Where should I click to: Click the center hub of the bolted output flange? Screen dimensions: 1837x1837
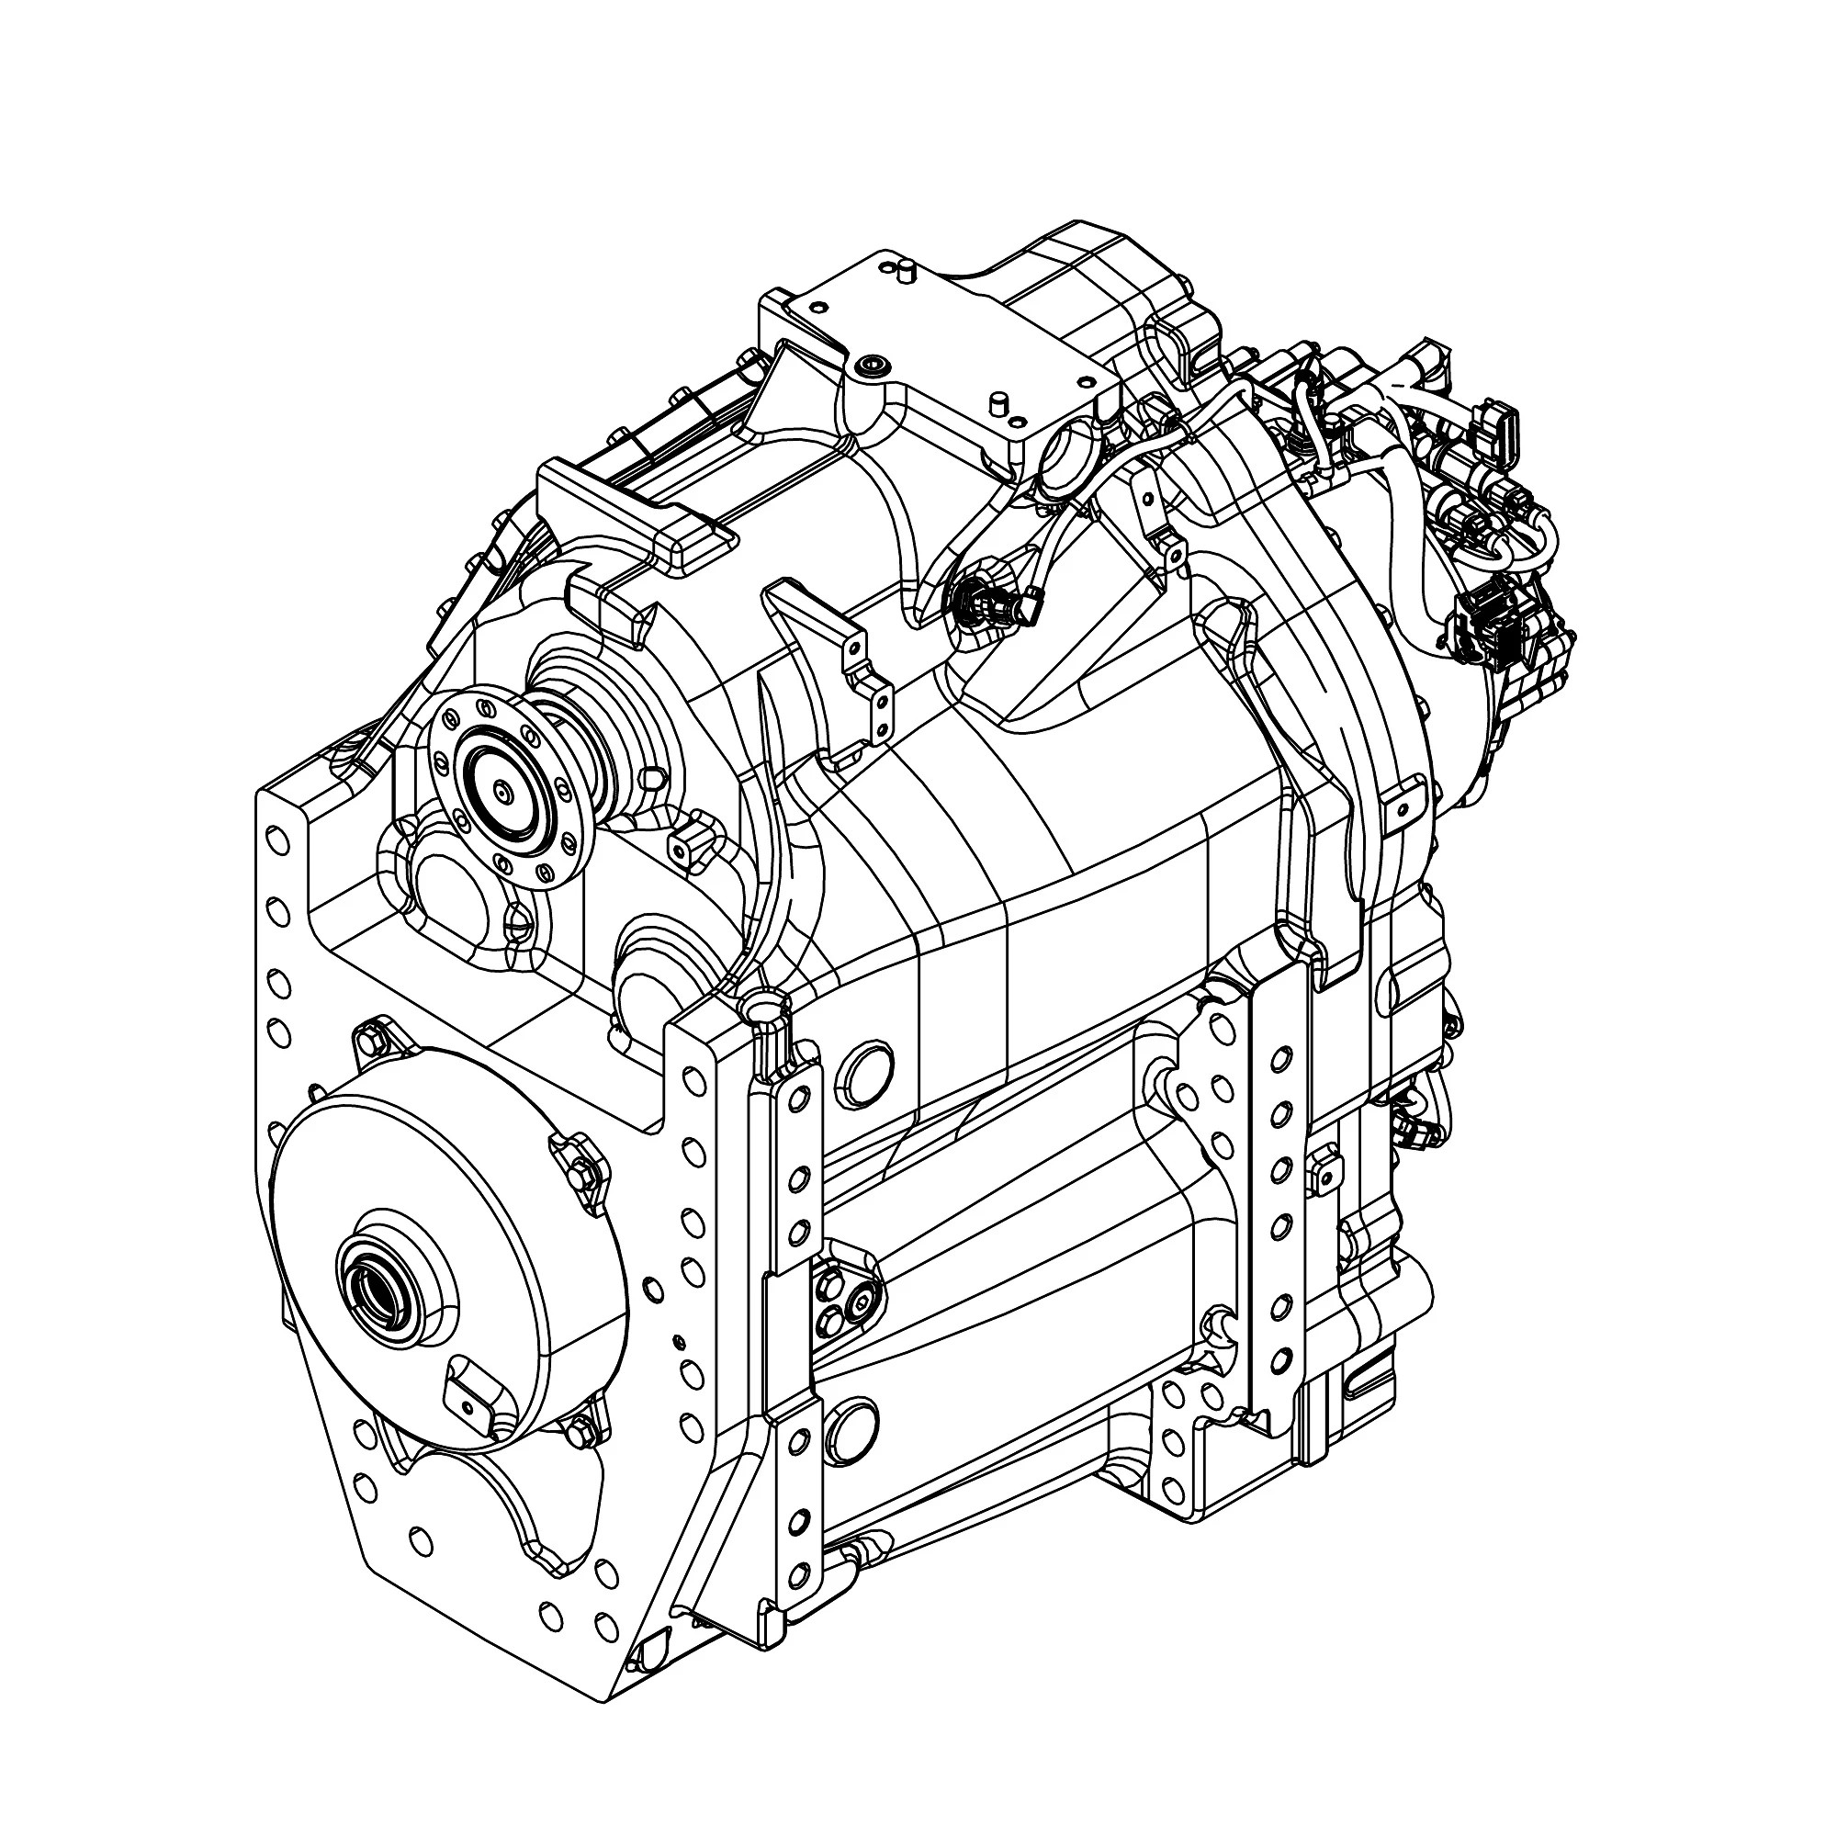pyautogui.click(x=502, y=788)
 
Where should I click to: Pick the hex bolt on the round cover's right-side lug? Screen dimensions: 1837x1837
pyautogui.click(x=582, y=1172)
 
